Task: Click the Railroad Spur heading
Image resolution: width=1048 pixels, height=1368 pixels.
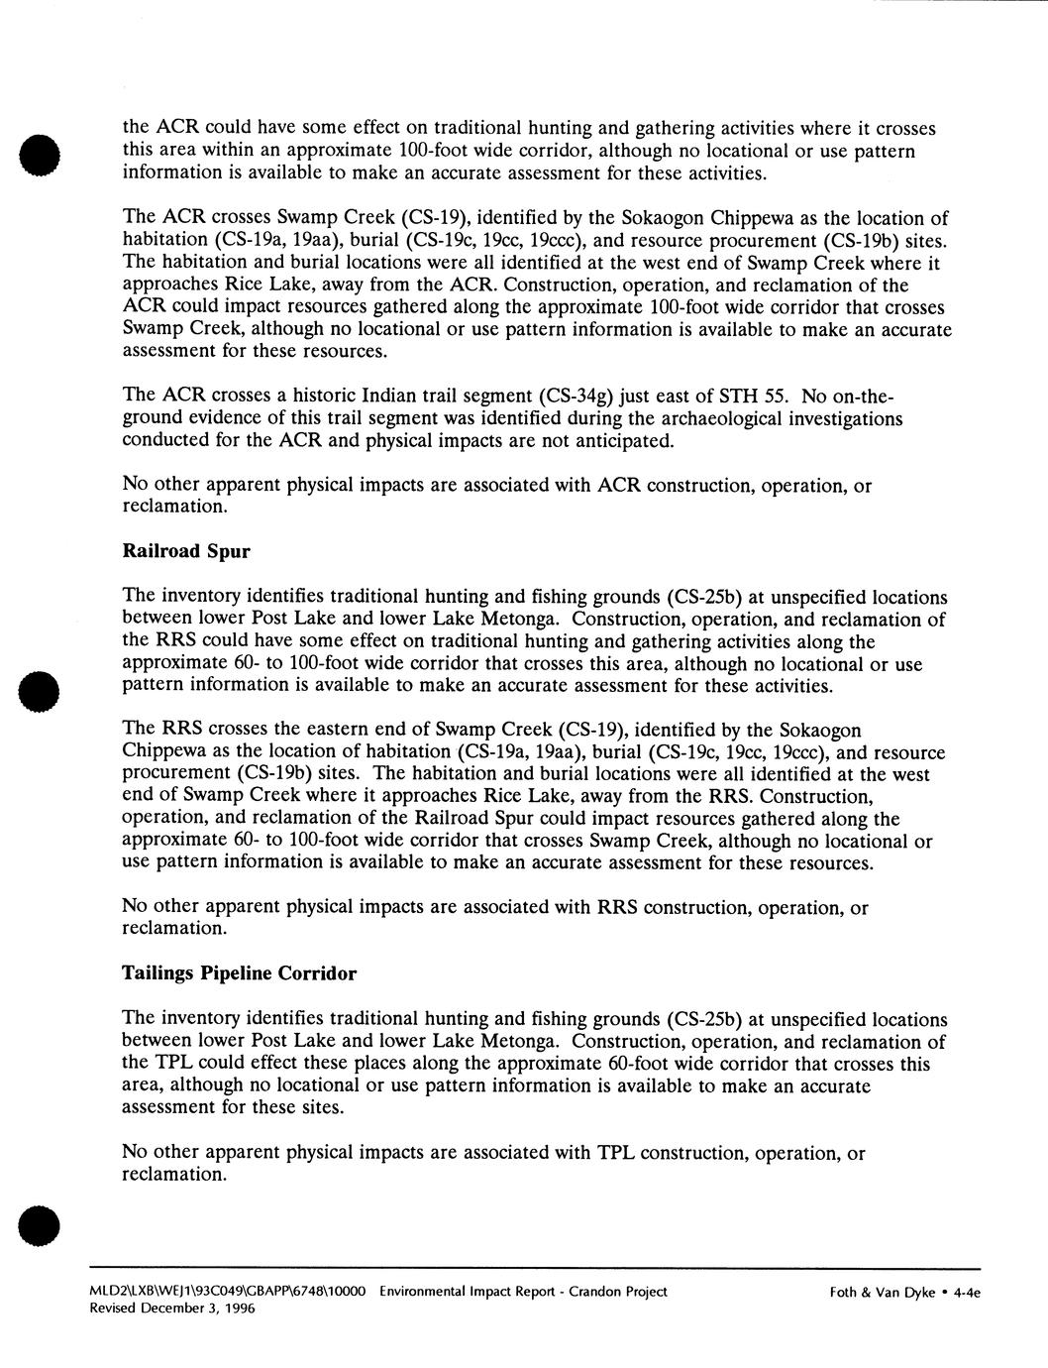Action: (x=186, y=552)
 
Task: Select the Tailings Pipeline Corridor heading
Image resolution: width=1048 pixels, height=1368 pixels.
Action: (x=239, y=973)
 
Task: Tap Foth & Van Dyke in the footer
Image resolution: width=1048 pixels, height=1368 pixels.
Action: (x=883, y=1292)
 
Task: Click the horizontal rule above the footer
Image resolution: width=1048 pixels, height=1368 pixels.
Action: (x=535, y=1268)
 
